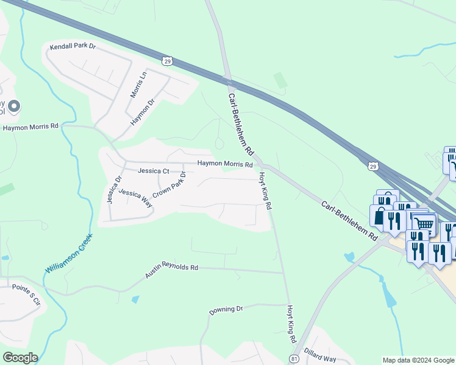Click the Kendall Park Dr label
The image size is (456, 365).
click(73, 46)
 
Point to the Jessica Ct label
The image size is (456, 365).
click(153, 171)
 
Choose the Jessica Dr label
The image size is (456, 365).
click(112, 189)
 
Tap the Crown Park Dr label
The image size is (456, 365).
click(169, 184)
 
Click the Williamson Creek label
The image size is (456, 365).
click(68, 252)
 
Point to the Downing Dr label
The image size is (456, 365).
click(226, 310)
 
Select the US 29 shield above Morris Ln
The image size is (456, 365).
click(167, 60)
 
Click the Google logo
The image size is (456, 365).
click(20, 357)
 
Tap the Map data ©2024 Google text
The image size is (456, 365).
click(418, 360)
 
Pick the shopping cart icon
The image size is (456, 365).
click(424, 224)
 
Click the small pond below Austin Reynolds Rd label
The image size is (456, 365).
click(135, 299)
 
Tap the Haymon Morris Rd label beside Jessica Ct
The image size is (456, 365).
click(224, 164)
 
